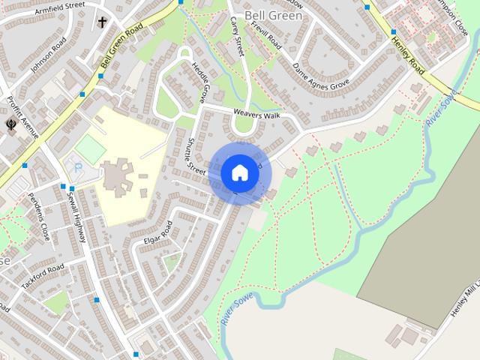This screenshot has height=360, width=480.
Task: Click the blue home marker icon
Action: (239, 172)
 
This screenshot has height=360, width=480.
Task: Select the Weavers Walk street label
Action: (256, 114)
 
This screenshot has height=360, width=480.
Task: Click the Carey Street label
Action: (237, 35)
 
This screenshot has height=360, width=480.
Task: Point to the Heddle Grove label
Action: (200, 82)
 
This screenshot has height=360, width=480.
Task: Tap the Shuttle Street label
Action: (196, 156)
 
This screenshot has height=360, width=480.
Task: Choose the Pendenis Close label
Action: (38, 216)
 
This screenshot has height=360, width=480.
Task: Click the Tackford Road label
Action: (43, 279)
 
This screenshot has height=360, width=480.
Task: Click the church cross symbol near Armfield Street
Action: (101, 22)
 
